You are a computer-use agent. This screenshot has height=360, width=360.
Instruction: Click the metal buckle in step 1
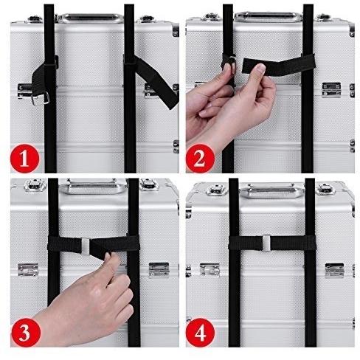(x=42, y=95)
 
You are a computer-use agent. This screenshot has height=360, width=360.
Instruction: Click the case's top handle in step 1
(x=90, y=16)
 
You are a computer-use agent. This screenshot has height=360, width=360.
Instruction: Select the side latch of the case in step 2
(x=331, y=89)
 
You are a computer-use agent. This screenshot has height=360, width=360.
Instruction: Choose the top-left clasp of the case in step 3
(x=33, y=185)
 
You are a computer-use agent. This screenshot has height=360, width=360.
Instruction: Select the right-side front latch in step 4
(x=334, y=269)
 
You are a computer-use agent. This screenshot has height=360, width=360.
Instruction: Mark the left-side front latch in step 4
(x=210, y=269)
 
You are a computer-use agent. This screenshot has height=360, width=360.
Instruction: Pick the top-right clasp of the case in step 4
(x=325, y=189)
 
